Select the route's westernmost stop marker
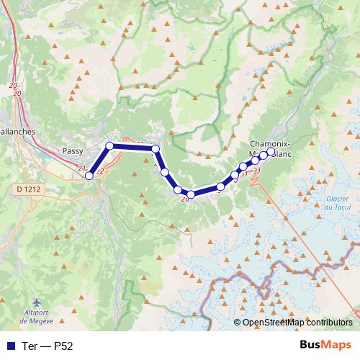pos(89,176)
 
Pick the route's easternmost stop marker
pos(271,153)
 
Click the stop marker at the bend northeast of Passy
pos(110,146)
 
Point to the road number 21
pos(81,168)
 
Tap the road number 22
pos(100,171)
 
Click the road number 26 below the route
pos(185,199)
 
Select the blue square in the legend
pos(10,346)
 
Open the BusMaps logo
pos(326,345)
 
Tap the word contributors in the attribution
pos(327,323)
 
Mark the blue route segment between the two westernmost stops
pos(99,161)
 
